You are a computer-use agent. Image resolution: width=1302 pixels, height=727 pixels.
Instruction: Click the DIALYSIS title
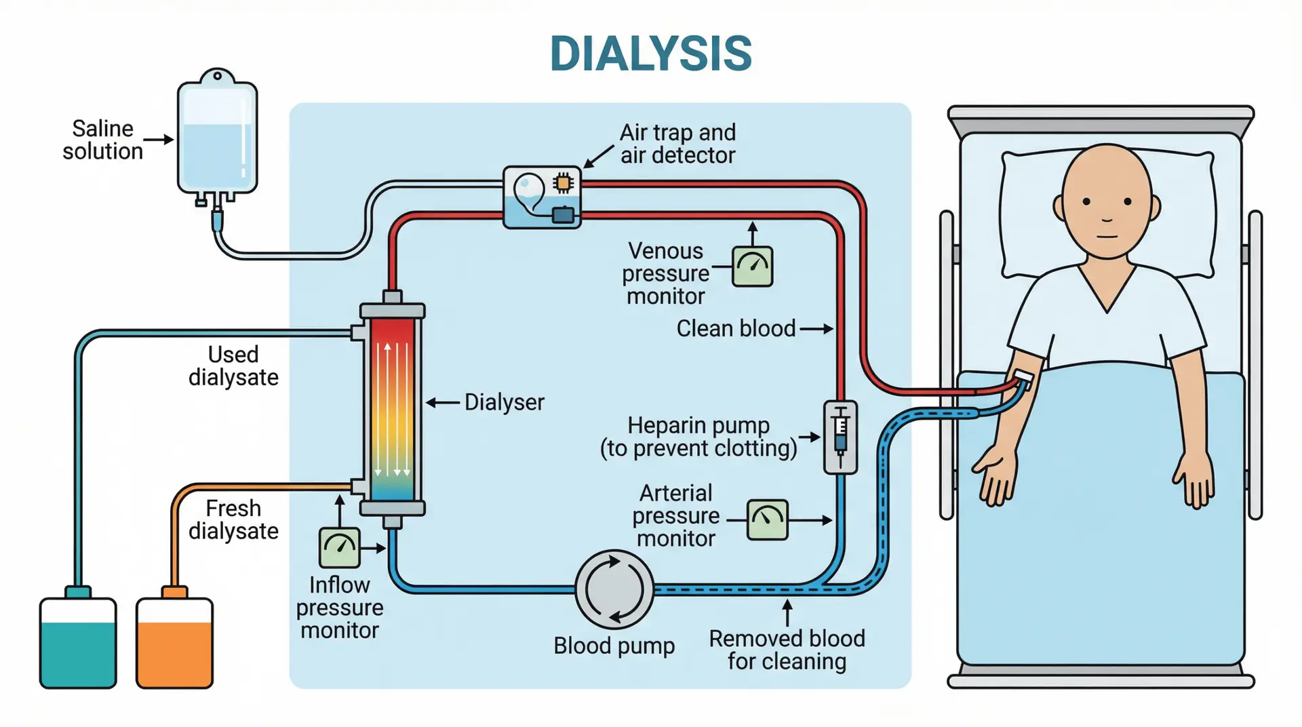[650, 54]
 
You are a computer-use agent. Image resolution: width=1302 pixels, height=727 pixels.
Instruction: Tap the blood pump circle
[614, 589]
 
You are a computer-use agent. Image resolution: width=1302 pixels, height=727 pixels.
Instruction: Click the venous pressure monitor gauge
[753, 267]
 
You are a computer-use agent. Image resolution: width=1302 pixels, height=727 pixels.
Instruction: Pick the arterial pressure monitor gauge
[767, 520]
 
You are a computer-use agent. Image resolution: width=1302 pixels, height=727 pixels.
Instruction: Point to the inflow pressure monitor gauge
[339, 547]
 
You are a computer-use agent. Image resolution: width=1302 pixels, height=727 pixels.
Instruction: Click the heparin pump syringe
[840, 436]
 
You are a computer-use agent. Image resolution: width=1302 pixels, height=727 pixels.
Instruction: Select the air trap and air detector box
[542, 197]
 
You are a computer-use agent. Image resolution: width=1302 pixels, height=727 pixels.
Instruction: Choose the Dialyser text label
[504, 402]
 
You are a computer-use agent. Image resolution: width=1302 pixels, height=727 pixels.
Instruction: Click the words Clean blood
[736, 329]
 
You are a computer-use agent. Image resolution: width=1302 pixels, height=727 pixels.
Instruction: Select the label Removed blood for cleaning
[787, 650]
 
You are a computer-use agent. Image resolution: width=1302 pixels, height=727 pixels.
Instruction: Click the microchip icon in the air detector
[564, 182]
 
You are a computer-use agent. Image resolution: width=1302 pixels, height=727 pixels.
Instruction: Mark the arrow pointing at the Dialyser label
[443, 403]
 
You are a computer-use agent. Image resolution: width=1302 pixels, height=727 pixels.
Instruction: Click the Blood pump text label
[614, 646]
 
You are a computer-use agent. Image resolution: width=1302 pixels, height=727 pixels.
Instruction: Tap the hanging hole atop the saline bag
[217, 76]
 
